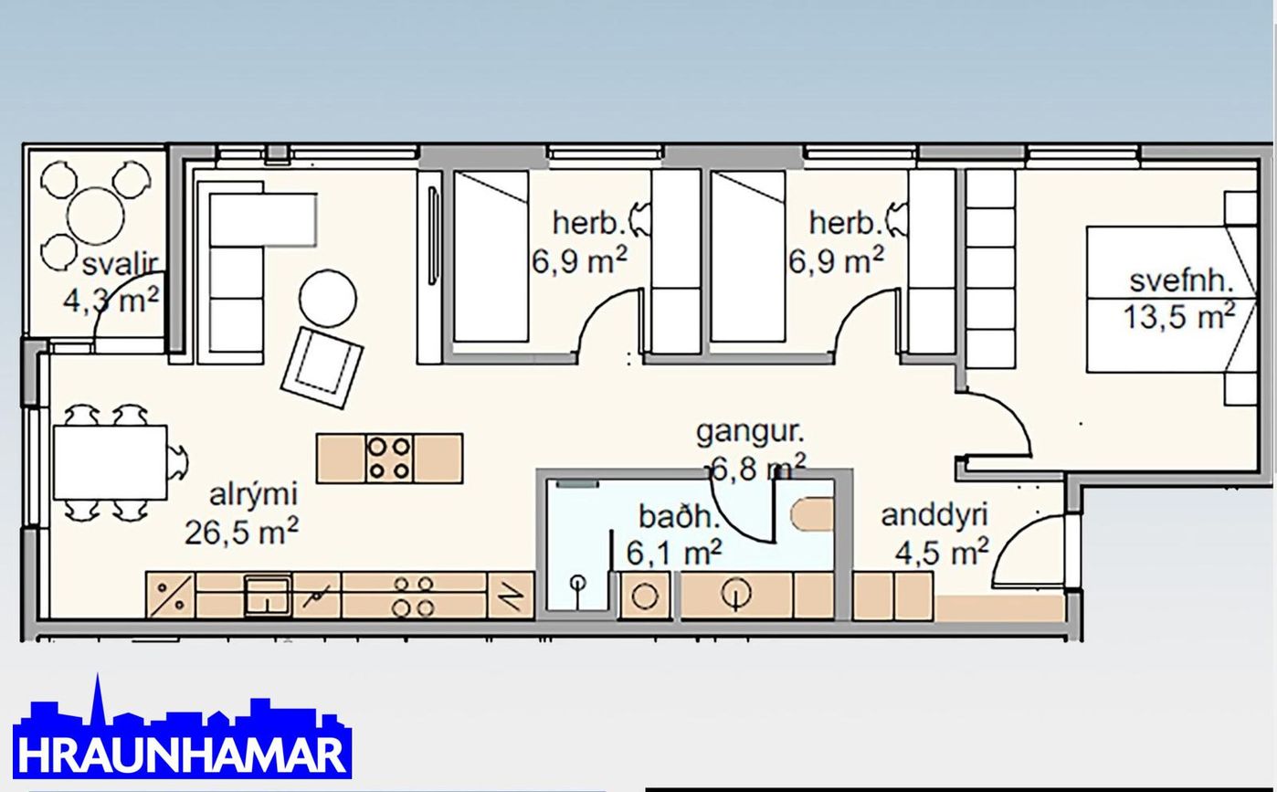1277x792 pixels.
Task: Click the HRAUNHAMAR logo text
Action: pos(182,755)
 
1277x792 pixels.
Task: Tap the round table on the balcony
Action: pos(95,216)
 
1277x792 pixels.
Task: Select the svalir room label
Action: pos(120,265)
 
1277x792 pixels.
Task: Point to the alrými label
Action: pos(253,495)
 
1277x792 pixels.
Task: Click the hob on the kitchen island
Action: pos(389,459)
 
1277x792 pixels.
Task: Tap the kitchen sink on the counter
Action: pos(268,596)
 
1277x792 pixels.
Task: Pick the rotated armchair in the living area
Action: pos(322,368)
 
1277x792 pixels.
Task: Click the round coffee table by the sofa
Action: pos(328,298)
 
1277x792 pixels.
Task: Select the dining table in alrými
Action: pos(111,462)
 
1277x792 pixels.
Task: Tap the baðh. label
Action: pos(676,517)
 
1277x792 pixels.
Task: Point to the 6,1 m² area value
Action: pos(674,552)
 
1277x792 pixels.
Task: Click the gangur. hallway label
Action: pos(750,433)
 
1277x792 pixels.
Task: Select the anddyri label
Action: pos(934,515)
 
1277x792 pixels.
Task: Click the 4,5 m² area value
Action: pos(941,552)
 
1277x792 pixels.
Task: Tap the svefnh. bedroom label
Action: pos(1182,281)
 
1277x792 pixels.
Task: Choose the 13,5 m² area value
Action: pos(1179,316)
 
